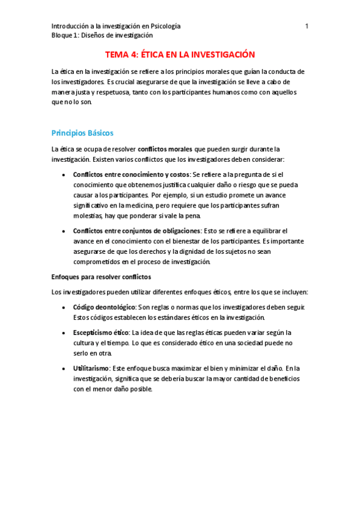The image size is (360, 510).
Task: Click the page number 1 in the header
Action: tap(307, 26)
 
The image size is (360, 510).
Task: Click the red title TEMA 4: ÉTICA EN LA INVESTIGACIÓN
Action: tap(180, 54)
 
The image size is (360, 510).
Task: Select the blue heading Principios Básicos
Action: tap(82, 132)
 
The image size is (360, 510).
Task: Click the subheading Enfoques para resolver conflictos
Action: tap(101, 277)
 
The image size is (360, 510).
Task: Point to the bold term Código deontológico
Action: tap(105, 307)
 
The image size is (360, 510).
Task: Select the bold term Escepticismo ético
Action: tap(101, 332)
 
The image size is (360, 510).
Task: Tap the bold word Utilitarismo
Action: tap(91, 367)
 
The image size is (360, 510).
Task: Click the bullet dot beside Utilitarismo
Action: tap(64, 368)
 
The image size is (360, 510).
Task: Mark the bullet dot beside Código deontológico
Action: tap(64, 307)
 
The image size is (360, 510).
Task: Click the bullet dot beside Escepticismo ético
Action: tap(64, 333)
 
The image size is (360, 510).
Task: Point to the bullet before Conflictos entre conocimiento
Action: tap(64, 175)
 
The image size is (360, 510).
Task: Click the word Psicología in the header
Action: tap(164, 26)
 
